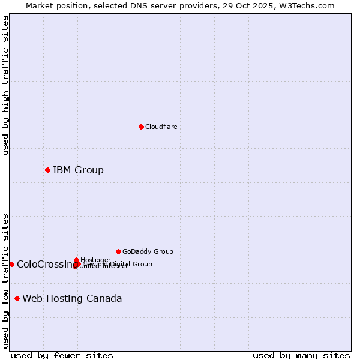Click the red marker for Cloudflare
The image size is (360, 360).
coord(141,127)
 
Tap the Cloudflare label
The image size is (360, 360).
coord(161,127)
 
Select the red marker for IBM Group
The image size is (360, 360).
coord(47,170)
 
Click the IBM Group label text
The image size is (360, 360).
coord(78,170)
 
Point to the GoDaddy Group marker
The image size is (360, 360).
coord(118,251)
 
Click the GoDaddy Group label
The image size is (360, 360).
coord(148,251)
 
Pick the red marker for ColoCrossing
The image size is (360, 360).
coord(11,264)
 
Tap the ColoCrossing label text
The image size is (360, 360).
coord(43,264)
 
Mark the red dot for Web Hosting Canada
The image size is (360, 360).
coord(17,298)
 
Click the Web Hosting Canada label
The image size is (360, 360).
coord(72,298)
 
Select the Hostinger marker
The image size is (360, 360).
coord(76,260)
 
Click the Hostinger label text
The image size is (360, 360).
coord(95,260)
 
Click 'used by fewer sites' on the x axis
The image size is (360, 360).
coord(62,355)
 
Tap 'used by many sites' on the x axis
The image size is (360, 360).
coord(301,355)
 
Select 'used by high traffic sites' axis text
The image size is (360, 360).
coord(5,85)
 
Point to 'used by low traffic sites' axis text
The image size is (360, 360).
coord(5,280)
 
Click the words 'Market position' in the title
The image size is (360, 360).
coord(55,5)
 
